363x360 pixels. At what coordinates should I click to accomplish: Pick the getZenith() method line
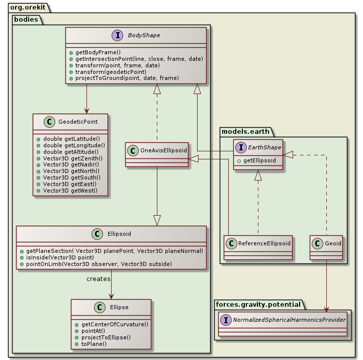73,158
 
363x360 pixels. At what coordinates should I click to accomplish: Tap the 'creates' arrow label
99,279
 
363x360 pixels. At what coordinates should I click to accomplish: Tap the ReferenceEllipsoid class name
263,243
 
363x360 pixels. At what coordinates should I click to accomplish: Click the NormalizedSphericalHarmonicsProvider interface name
285,320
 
